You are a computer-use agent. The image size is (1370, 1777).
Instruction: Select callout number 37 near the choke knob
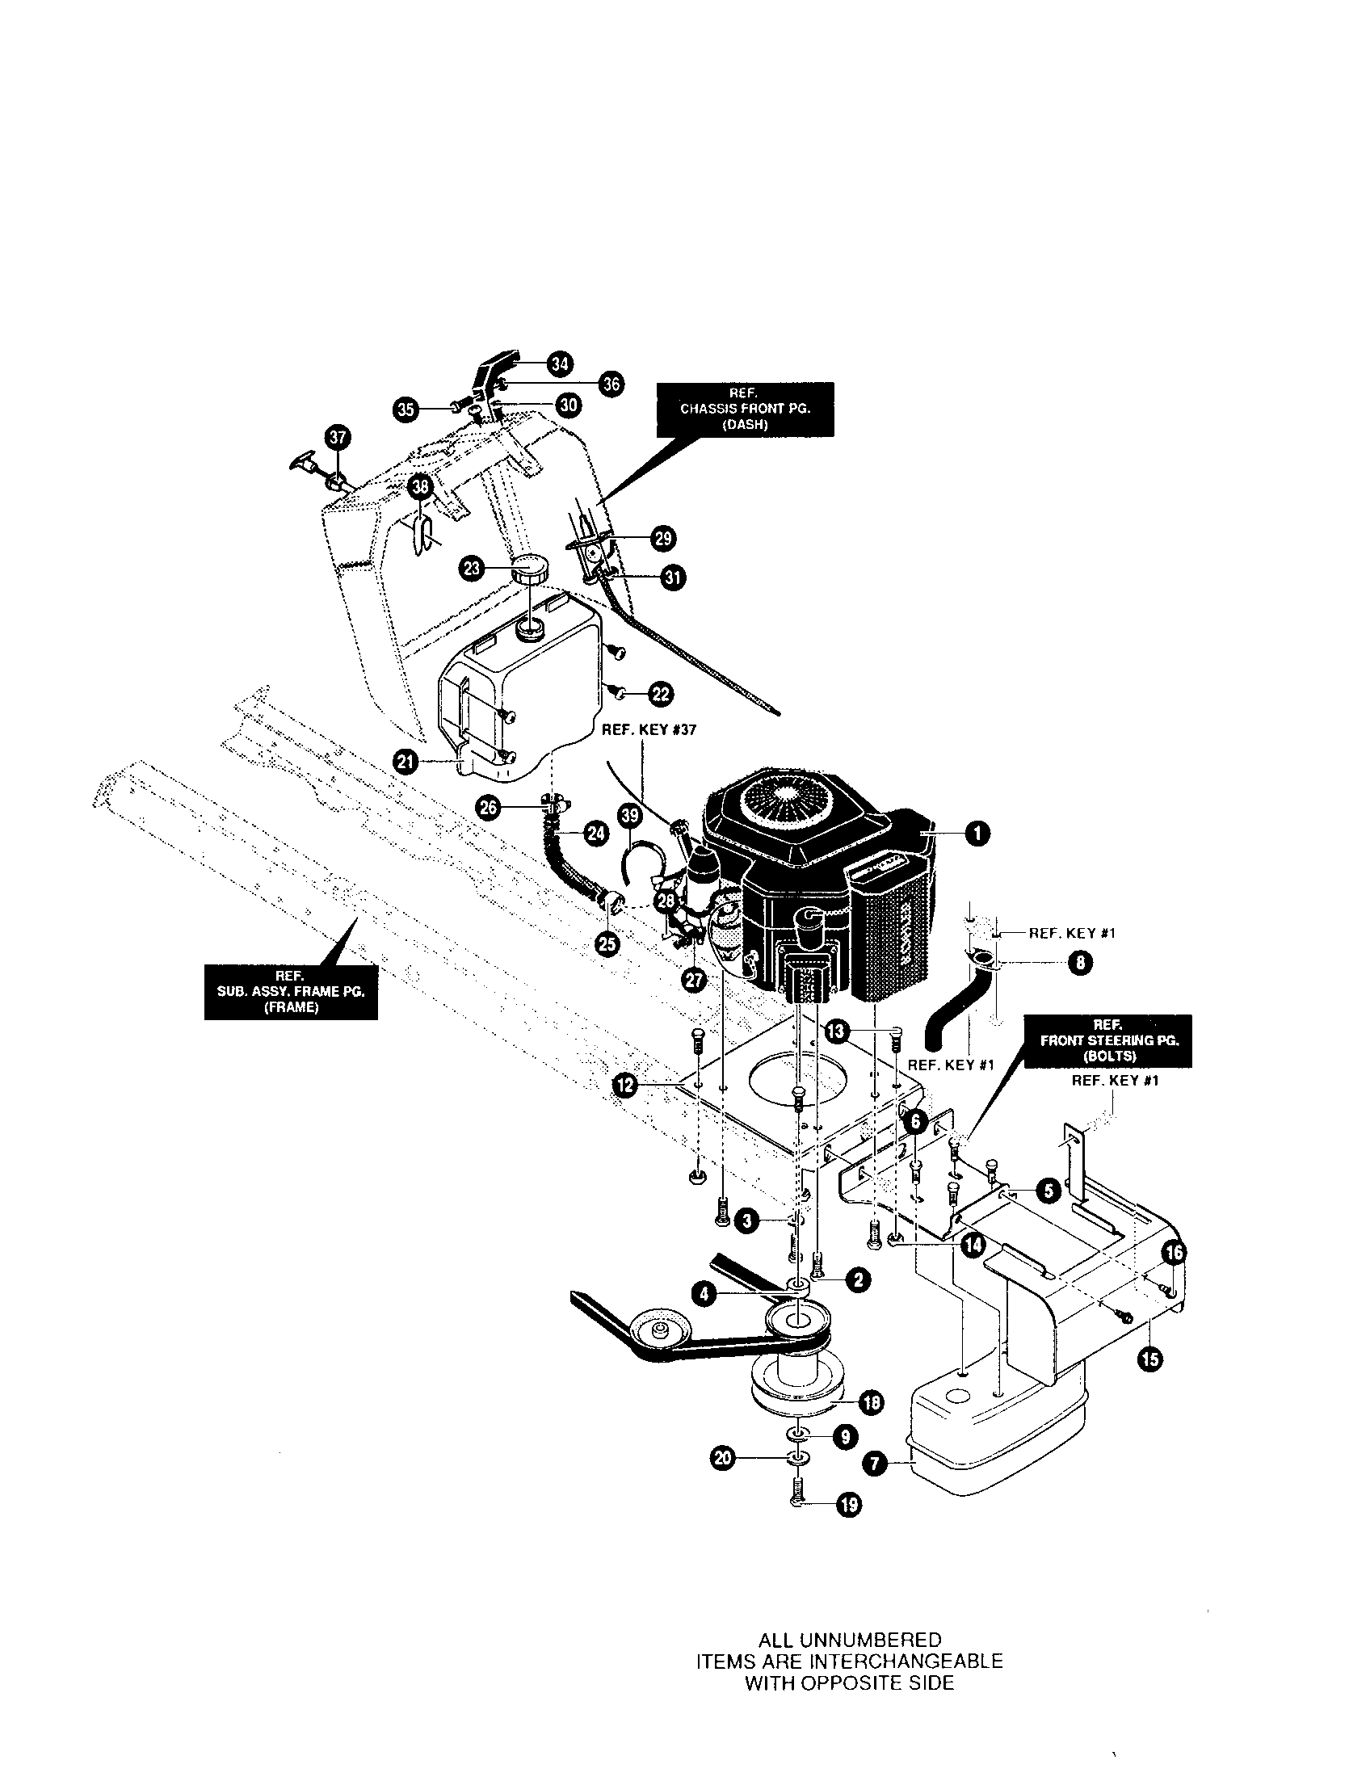pos(337,437)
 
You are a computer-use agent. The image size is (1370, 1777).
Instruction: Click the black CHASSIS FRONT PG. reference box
pos(745,409)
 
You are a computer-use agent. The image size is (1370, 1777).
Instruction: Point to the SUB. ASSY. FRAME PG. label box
pos(291,992)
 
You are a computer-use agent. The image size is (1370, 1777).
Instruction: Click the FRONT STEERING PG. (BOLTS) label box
pos(1109,1040)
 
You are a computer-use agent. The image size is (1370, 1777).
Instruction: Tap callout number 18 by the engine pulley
pos(871,1402)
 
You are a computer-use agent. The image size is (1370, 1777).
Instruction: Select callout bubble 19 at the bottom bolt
pos(848,1505)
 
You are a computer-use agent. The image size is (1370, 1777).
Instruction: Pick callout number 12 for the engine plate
pos(624,1086)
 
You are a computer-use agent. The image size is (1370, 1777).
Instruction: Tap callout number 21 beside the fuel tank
pos(406,762)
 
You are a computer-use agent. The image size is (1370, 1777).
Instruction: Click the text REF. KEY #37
pos(649,730)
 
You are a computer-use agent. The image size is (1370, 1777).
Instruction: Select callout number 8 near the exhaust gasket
pos(1079,964)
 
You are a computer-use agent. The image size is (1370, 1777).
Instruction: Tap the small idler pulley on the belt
pos(658,1330)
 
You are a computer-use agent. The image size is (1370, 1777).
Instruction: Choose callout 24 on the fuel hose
pos(596,834)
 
